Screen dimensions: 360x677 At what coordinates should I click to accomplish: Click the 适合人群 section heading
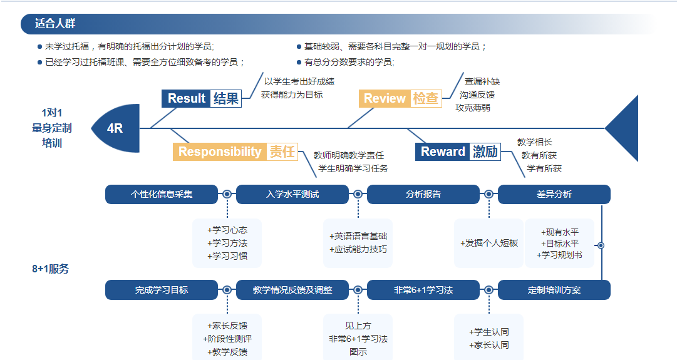click(56, 24)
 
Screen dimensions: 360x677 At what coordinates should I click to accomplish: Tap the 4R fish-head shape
click(116, 128)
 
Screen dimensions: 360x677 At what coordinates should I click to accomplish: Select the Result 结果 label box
click(202, 98)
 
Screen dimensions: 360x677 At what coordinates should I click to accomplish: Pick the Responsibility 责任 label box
click(235, 152)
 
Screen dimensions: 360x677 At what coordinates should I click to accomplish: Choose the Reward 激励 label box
click(458, 152)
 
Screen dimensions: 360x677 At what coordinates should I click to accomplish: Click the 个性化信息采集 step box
click(162, 194)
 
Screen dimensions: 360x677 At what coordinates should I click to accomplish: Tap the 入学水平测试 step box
click(292, 194)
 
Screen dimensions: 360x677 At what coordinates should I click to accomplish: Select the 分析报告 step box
click(423, 194)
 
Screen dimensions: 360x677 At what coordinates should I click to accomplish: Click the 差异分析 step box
click(554, 194)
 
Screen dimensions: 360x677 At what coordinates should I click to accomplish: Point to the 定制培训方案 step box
click(554, 290)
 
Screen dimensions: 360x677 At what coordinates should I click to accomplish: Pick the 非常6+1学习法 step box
click(423, 290)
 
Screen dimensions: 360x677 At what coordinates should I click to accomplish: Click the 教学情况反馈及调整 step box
click(292, 290)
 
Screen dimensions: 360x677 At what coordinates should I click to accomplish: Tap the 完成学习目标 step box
click(162, 290)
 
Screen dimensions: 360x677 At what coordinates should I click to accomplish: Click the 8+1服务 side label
click(51, 269)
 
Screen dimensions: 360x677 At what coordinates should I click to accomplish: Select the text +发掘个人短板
click(489, 243)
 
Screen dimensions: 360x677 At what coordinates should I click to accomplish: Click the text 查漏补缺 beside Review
click(482, 81)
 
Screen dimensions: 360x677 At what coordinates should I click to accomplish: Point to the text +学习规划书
click(559, 255)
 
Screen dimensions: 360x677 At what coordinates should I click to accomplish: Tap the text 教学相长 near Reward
click(535, 142)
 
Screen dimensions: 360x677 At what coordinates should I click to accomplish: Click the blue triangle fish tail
click(624, 128)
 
